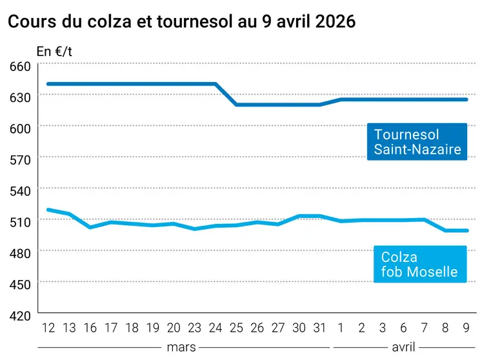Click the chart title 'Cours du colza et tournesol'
181,21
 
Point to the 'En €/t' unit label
54,52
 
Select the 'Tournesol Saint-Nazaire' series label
417,142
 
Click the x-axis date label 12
48,328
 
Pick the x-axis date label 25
236,328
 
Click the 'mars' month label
181,347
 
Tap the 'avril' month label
403,347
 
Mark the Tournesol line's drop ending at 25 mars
236,105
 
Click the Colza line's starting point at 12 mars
48,210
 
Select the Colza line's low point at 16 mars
90,227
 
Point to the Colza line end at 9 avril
467,230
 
